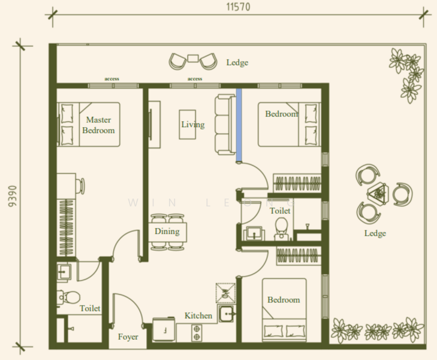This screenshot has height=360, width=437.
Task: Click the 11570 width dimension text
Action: pos(238,7)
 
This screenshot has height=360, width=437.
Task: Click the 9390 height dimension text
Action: pos(13,196)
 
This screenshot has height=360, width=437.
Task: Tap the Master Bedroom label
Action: pos(98,125)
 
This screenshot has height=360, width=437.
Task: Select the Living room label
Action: pos(193,124)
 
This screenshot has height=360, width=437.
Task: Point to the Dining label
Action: pos(167,231)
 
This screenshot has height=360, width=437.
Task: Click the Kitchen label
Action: pos(198,316)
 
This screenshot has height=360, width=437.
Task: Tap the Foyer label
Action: pos(128,337)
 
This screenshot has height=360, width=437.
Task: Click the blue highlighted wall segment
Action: pos(239,125)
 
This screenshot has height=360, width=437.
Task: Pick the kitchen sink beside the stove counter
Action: pos(227,314)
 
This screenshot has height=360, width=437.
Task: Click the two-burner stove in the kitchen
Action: pos(197,333)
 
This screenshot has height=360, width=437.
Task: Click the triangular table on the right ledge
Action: pos(378,193)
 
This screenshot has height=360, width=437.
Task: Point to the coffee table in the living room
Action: pos(187,124)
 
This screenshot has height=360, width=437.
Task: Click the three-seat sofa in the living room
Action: pos(225,124)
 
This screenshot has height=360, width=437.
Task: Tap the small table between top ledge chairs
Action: pos(193,58)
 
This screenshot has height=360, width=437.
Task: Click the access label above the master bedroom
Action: pos(111,79)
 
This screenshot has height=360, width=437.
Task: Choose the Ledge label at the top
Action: pos(237,62)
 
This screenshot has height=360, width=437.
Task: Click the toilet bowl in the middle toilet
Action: pos(281,228)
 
